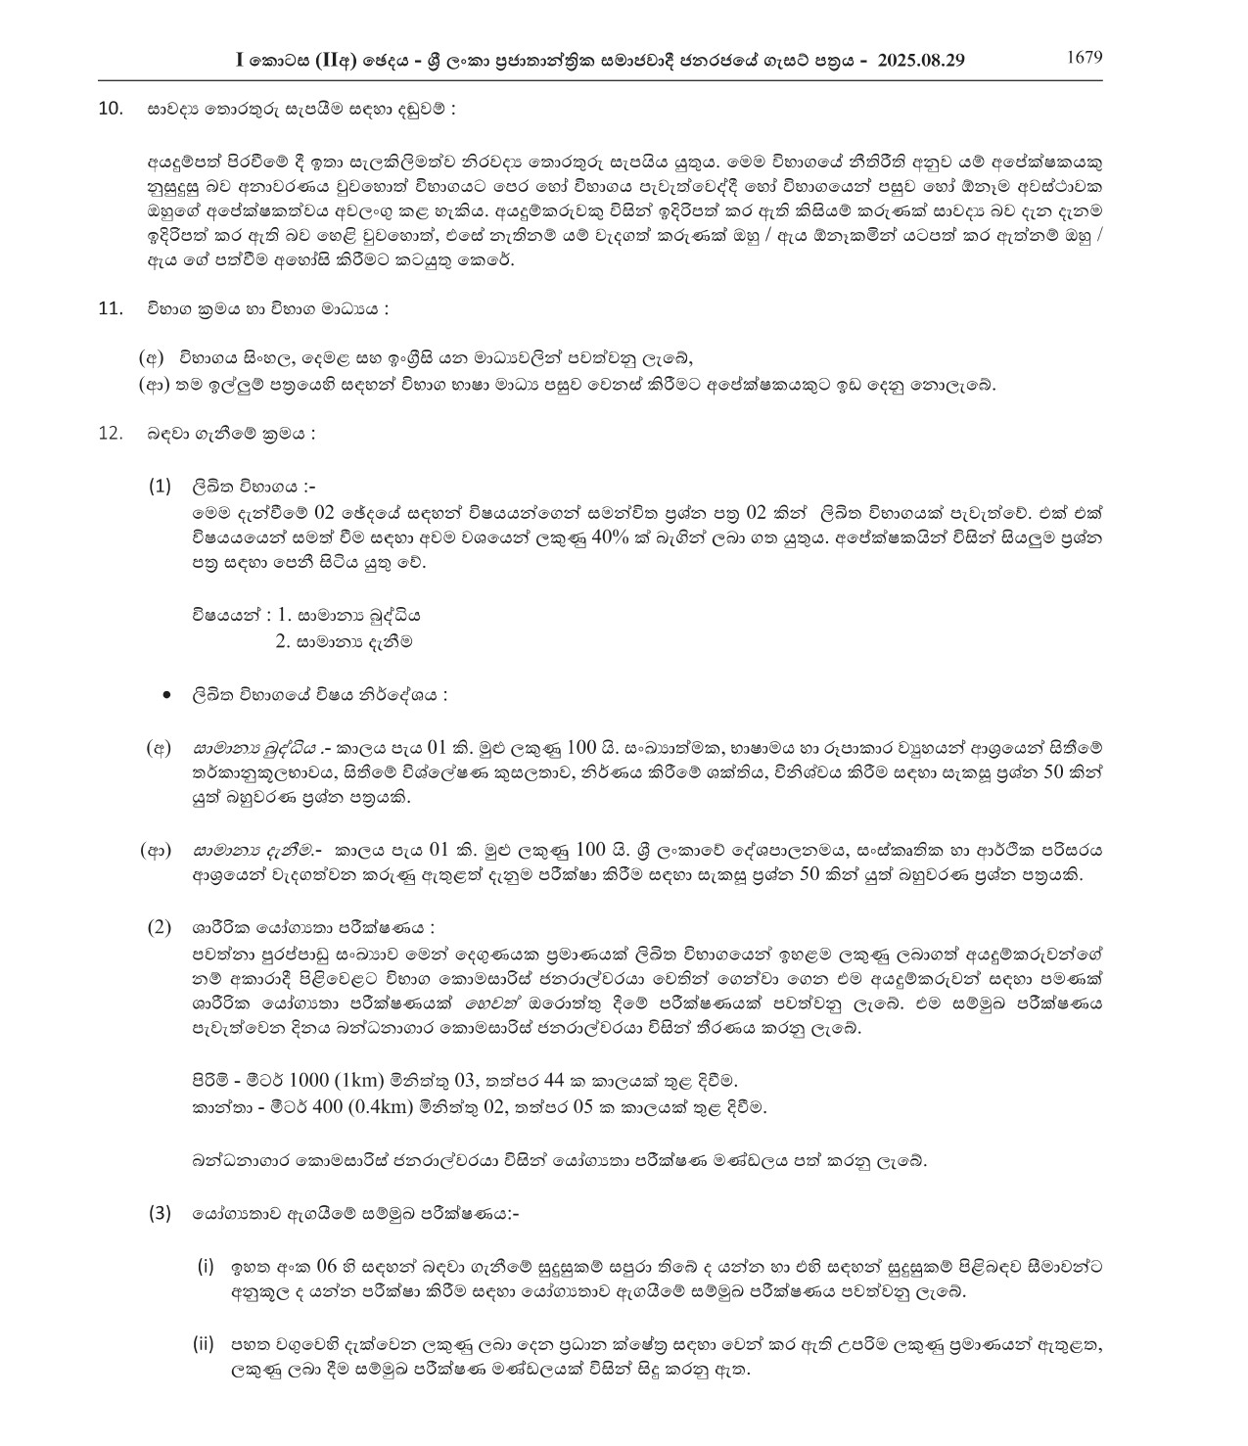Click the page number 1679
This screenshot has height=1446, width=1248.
pos(1084,57)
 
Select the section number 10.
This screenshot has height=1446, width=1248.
pos(111,108)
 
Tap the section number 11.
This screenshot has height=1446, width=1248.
pos(111,308)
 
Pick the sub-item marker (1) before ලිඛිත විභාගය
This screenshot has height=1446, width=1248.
pos(160,486)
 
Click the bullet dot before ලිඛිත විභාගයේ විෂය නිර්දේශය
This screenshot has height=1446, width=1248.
pos(167,695)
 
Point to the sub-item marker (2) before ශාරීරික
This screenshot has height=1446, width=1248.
pos(160,927)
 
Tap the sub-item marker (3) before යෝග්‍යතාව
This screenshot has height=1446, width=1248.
pos(160,1213)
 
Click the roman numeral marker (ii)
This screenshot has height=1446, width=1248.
pos(204,1344)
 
